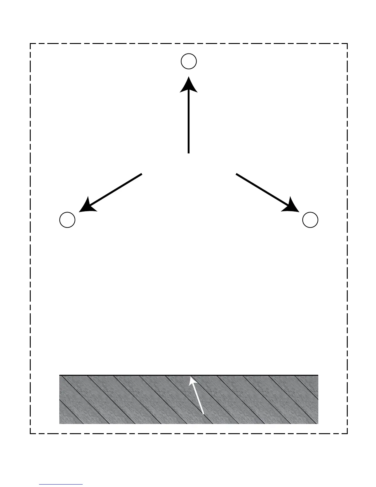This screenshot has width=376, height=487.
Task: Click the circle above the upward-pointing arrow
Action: point(189,61)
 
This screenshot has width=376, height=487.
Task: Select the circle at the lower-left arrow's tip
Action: point(67,220)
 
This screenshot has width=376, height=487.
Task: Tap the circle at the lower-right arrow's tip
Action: point(310,220)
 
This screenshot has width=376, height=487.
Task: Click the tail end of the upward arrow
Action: point(188,152)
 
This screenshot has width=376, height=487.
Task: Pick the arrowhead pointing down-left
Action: point(86,207)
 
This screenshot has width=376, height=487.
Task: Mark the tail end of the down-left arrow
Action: point(141,174)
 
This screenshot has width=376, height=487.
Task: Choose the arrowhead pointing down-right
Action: point(292,207)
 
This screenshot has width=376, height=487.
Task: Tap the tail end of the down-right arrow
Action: point(236,174)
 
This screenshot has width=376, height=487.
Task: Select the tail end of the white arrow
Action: point(204,414)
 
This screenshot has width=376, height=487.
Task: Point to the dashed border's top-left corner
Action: point(30,44)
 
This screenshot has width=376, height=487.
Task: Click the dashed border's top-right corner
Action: point(347,44)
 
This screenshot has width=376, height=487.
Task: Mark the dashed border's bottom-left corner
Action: point(30,434)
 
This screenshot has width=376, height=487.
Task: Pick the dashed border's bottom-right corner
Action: point(347,434)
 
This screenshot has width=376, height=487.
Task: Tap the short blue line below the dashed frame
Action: point(61,485)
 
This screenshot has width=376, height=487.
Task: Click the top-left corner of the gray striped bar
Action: point(60,375)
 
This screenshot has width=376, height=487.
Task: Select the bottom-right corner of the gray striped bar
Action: point(318,423)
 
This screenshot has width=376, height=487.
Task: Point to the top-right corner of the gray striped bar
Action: point(318,375)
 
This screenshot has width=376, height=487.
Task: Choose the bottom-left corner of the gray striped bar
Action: point(60,423)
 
